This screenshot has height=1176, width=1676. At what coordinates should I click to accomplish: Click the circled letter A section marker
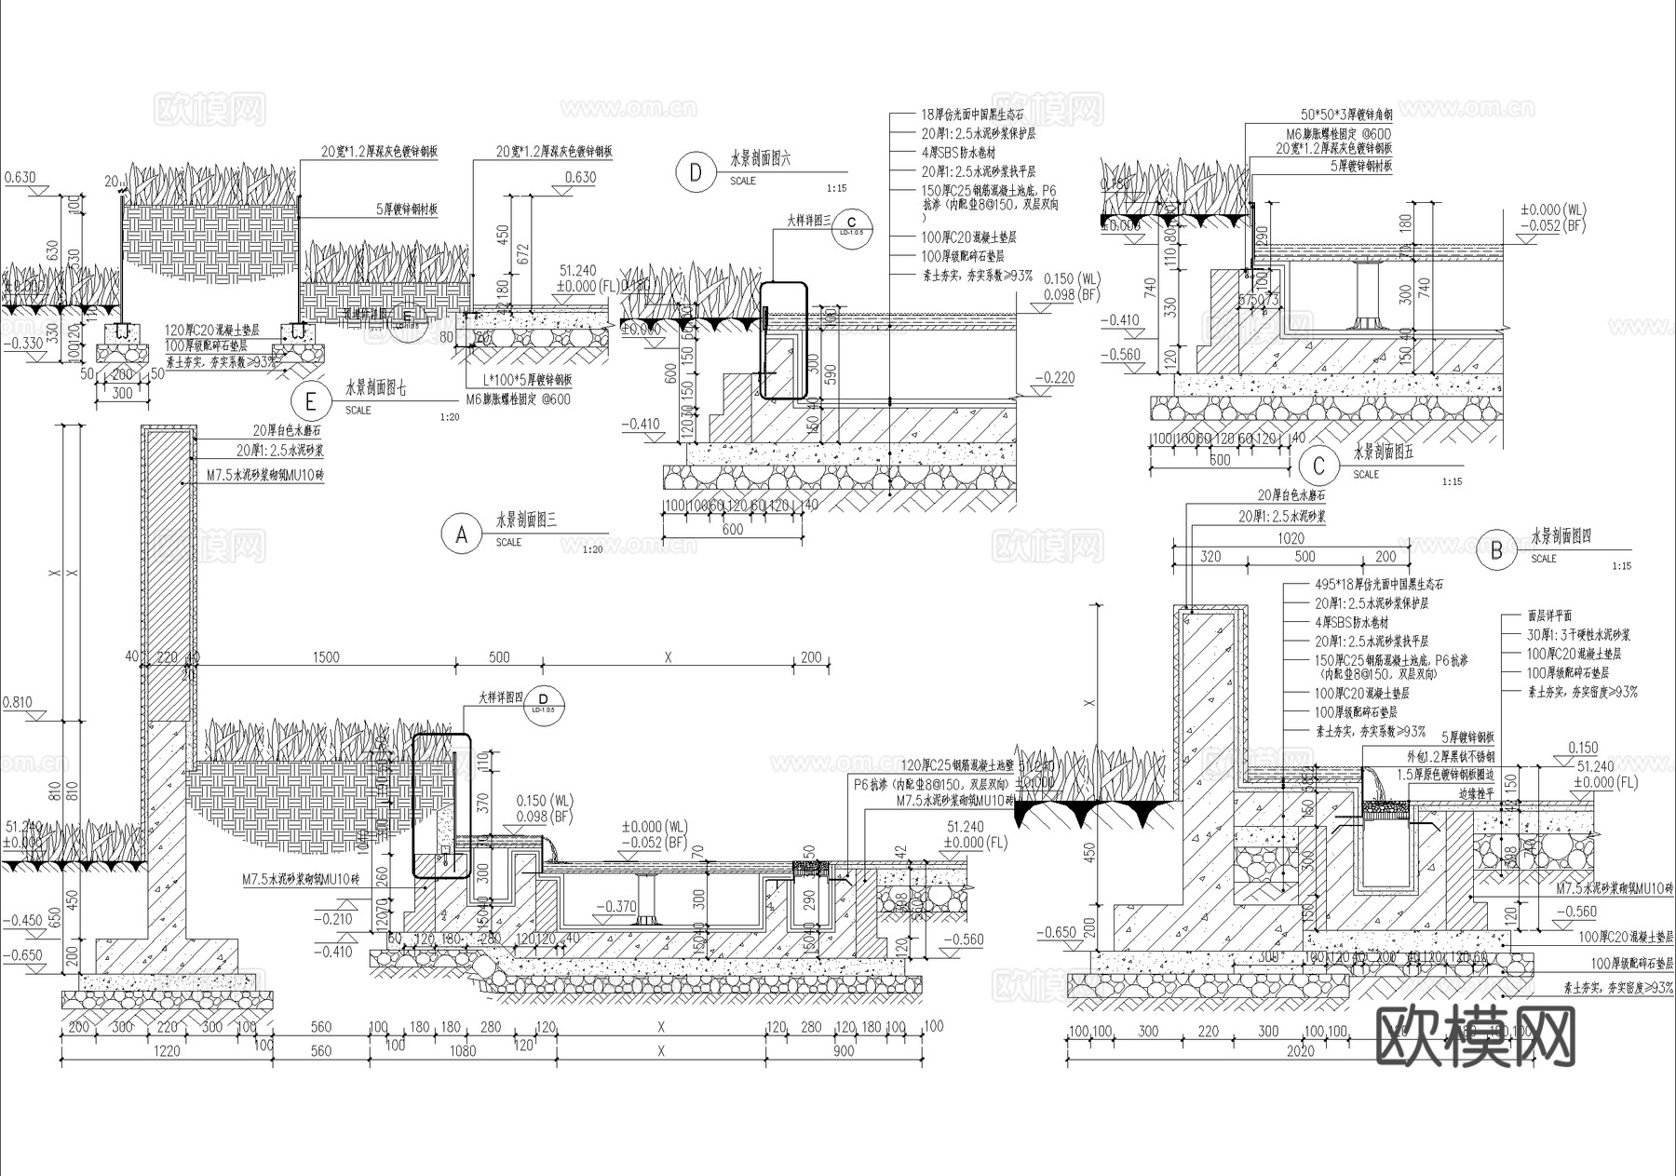tap(461, 535)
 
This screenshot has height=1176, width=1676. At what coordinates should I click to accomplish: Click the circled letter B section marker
tap(1496, 551)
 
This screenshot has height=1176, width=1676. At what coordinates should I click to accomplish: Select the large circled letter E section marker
tap(310, 401)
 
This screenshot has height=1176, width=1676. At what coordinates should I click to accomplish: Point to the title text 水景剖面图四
tap(1561, 537)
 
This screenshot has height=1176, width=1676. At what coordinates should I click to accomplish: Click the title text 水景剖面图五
tap(1383, 453)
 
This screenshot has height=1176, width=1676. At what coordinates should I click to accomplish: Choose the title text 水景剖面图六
tap(761, 159)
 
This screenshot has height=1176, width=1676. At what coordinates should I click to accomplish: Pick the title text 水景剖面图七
tap(376, 387)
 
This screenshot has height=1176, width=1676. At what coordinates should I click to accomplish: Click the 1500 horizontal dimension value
tap(326, 657)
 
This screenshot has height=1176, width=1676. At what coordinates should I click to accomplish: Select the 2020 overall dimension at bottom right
tap(1300, 1051)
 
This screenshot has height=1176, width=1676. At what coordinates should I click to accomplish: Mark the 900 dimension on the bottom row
tap(843, 1050)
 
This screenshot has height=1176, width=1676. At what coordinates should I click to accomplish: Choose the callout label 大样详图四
tap(501, 696)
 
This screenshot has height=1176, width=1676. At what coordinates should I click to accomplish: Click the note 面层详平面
tap(1550, 615)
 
